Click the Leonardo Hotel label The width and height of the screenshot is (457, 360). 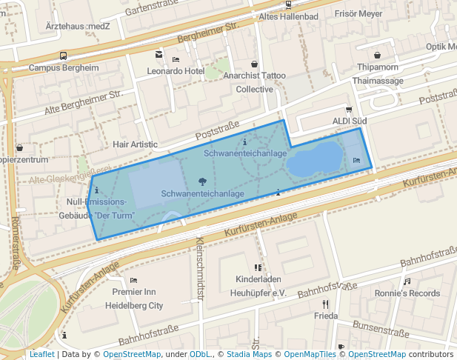point(175,71)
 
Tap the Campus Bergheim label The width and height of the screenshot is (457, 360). point(64,67)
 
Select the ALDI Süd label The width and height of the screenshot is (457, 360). point(350,121)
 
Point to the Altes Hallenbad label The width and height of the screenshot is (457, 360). point(288,16)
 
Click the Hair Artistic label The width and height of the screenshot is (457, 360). point(135,144)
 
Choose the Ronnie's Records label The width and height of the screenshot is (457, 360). point(407,293)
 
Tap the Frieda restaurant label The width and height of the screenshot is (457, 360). point(326,316)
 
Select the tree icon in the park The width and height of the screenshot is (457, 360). point(202,181)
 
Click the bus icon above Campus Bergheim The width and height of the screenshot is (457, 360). point(64,56)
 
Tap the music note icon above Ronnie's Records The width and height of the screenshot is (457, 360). point(407,281)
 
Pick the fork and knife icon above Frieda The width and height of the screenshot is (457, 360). point(325,304)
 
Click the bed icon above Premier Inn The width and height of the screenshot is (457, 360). point(133,280)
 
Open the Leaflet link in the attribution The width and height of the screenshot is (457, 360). point(41,355)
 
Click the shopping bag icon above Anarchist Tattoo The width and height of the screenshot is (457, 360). point(255,64)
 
